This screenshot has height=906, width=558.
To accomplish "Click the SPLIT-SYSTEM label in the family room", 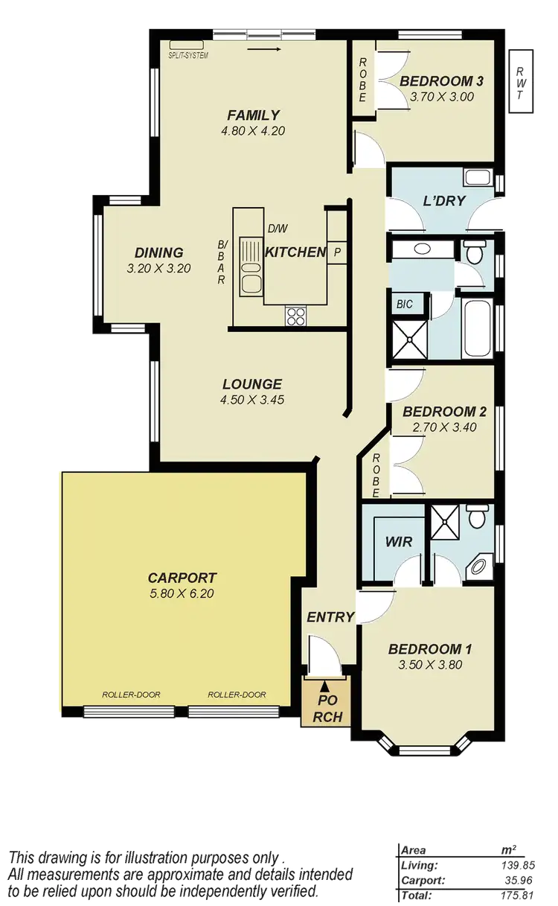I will [x=189, y=56].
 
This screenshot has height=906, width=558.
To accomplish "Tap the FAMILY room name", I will [x=253, y=115].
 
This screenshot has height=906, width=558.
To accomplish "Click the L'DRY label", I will [x=443, y=200].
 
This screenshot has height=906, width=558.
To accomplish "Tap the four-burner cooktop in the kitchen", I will [x=295, y=316].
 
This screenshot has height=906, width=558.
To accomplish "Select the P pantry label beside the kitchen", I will [x=337, y=253].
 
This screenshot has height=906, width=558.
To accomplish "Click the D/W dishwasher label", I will [x=277, y=229].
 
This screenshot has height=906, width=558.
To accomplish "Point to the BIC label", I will [x=405, y=304].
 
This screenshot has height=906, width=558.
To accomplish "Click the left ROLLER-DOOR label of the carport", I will [x=131, y=695].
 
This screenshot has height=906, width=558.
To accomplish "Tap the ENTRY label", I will [x=330, y=616].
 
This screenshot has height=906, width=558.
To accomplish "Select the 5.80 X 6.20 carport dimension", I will [x=182, y=594].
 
